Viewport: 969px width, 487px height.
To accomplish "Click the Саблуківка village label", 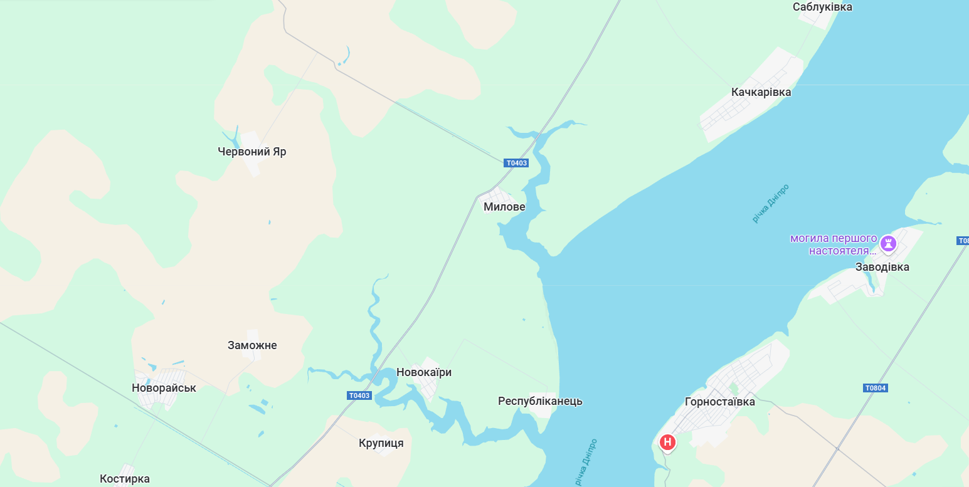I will (x=822, y=7).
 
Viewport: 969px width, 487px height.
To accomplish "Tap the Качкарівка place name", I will (x=761, y=92).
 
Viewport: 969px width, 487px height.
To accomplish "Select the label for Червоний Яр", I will (x=252, y=152).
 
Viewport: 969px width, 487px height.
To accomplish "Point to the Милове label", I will (x=504, y=207).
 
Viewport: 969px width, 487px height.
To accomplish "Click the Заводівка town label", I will (x=882, y=267).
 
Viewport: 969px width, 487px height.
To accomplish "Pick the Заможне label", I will (x=252, y=345).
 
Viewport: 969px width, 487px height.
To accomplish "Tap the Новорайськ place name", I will (x=164, y=388).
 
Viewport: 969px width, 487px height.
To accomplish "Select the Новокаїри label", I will (x=423, y=372).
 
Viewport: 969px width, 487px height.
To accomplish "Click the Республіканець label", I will (x=540, y=401).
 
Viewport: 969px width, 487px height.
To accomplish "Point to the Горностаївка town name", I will (x=719, y=402).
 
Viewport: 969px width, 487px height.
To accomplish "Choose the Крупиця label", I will (x=381, y=443).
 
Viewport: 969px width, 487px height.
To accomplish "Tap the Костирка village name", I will (x=125, y=479).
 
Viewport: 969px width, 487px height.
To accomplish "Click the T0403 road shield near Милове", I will (x=516, y=163).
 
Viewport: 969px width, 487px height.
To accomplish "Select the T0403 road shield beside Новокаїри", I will (x=359, y=395).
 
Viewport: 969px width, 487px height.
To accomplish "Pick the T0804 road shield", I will (x=875, y=388).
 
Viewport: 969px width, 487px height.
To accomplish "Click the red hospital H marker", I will (x=667, y=442).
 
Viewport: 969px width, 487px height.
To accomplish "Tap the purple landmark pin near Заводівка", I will (x=888, y=243).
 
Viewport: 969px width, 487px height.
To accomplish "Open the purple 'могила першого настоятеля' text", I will (x=833, y=244).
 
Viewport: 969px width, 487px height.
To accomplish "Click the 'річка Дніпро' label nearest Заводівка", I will (x=770, y=204).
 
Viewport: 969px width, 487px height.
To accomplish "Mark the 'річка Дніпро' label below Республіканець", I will (x=586, y=463).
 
